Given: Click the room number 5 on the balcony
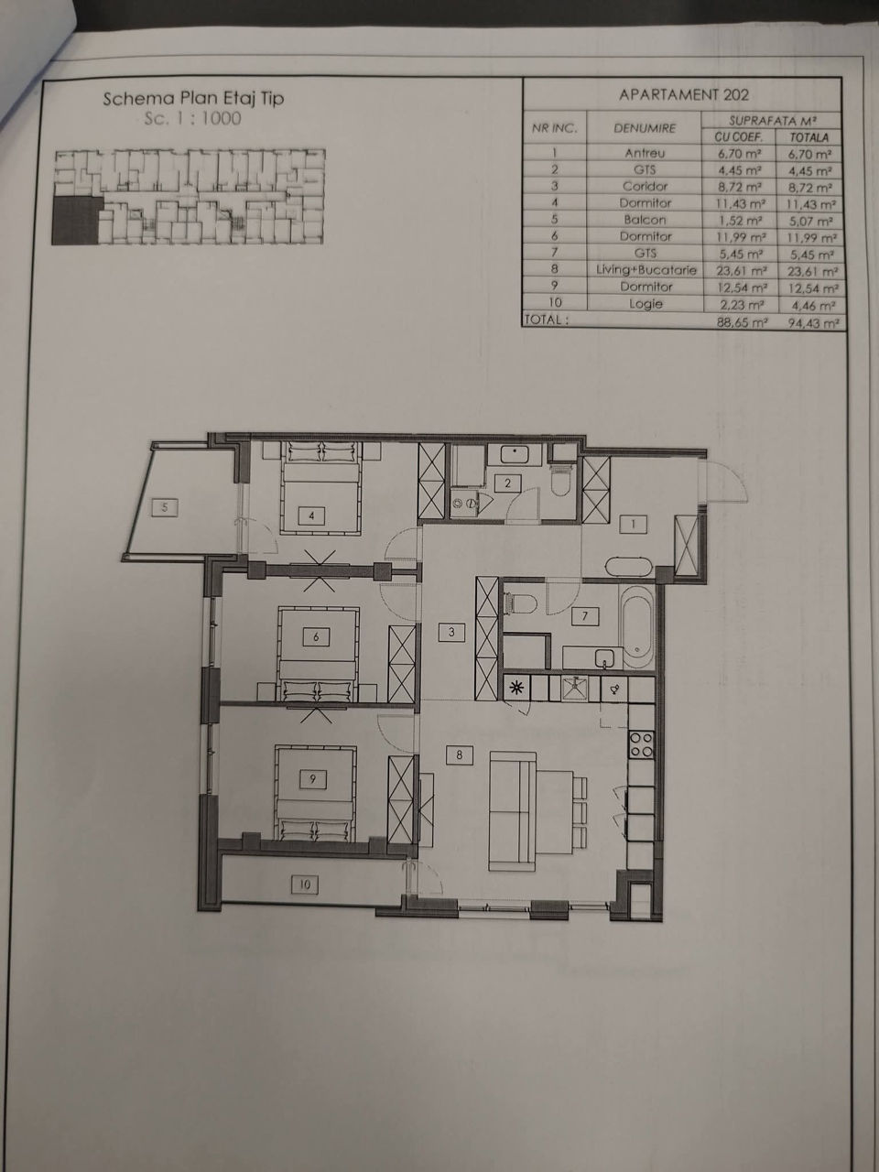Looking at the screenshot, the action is pos(165,507).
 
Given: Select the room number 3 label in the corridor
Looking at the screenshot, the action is pos(451,633).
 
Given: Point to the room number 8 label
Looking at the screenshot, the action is pos(459,755).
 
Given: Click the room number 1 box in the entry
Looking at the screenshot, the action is pos(634,525).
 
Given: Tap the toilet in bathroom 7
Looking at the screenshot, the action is pos(521,604).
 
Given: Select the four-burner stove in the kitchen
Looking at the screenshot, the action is pos(641,743).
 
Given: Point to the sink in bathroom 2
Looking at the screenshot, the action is pos(514,454).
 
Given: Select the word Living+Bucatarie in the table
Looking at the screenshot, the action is pos(646,270).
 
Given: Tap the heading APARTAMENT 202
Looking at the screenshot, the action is pos(684,95).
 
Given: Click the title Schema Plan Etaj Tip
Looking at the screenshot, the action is pos(193,99).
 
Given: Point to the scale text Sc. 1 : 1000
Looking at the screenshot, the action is pos(192,118).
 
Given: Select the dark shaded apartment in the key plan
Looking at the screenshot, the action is pos(75,220).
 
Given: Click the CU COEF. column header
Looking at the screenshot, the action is pos(739,137).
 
